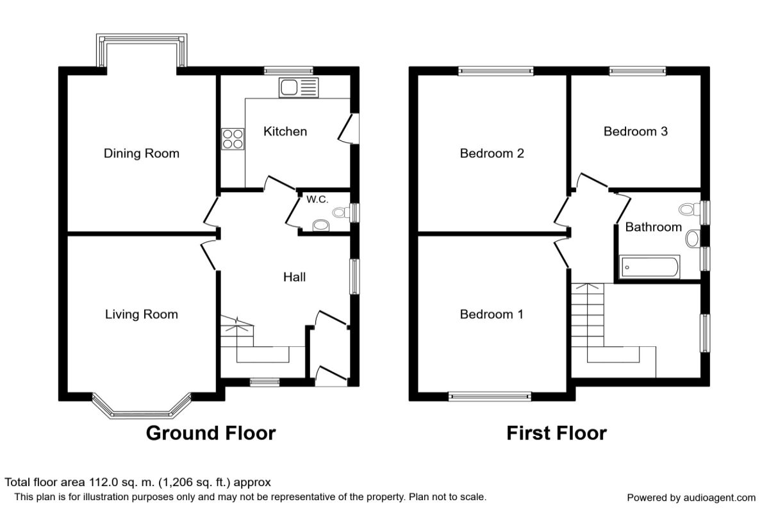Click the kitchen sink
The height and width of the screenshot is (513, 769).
299,88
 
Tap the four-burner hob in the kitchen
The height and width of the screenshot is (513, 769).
233,139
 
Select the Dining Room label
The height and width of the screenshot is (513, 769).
142,153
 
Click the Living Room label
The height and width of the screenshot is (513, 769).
142,314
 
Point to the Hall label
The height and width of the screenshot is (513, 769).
295,277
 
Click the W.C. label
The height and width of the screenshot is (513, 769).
317,199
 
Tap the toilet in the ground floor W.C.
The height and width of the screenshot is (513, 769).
341,212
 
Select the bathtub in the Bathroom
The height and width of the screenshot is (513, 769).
649,267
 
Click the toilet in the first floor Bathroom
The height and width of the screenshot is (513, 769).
690,209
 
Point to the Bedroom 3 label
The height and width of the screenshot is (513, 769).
636,131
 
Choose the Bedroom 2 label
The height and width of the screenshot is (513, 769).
492,153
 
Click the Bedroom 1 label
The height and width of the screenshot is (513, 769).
492,314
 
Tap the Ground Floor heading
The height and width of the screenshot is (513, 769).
211,433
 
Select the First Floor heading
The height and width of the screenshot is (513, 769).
557,433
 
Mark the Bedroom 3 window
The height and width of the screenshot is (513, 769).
638,71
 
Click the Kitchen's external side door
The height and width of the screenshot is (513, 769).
347,128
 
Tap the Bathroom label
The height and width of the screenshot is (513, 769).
654,227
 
